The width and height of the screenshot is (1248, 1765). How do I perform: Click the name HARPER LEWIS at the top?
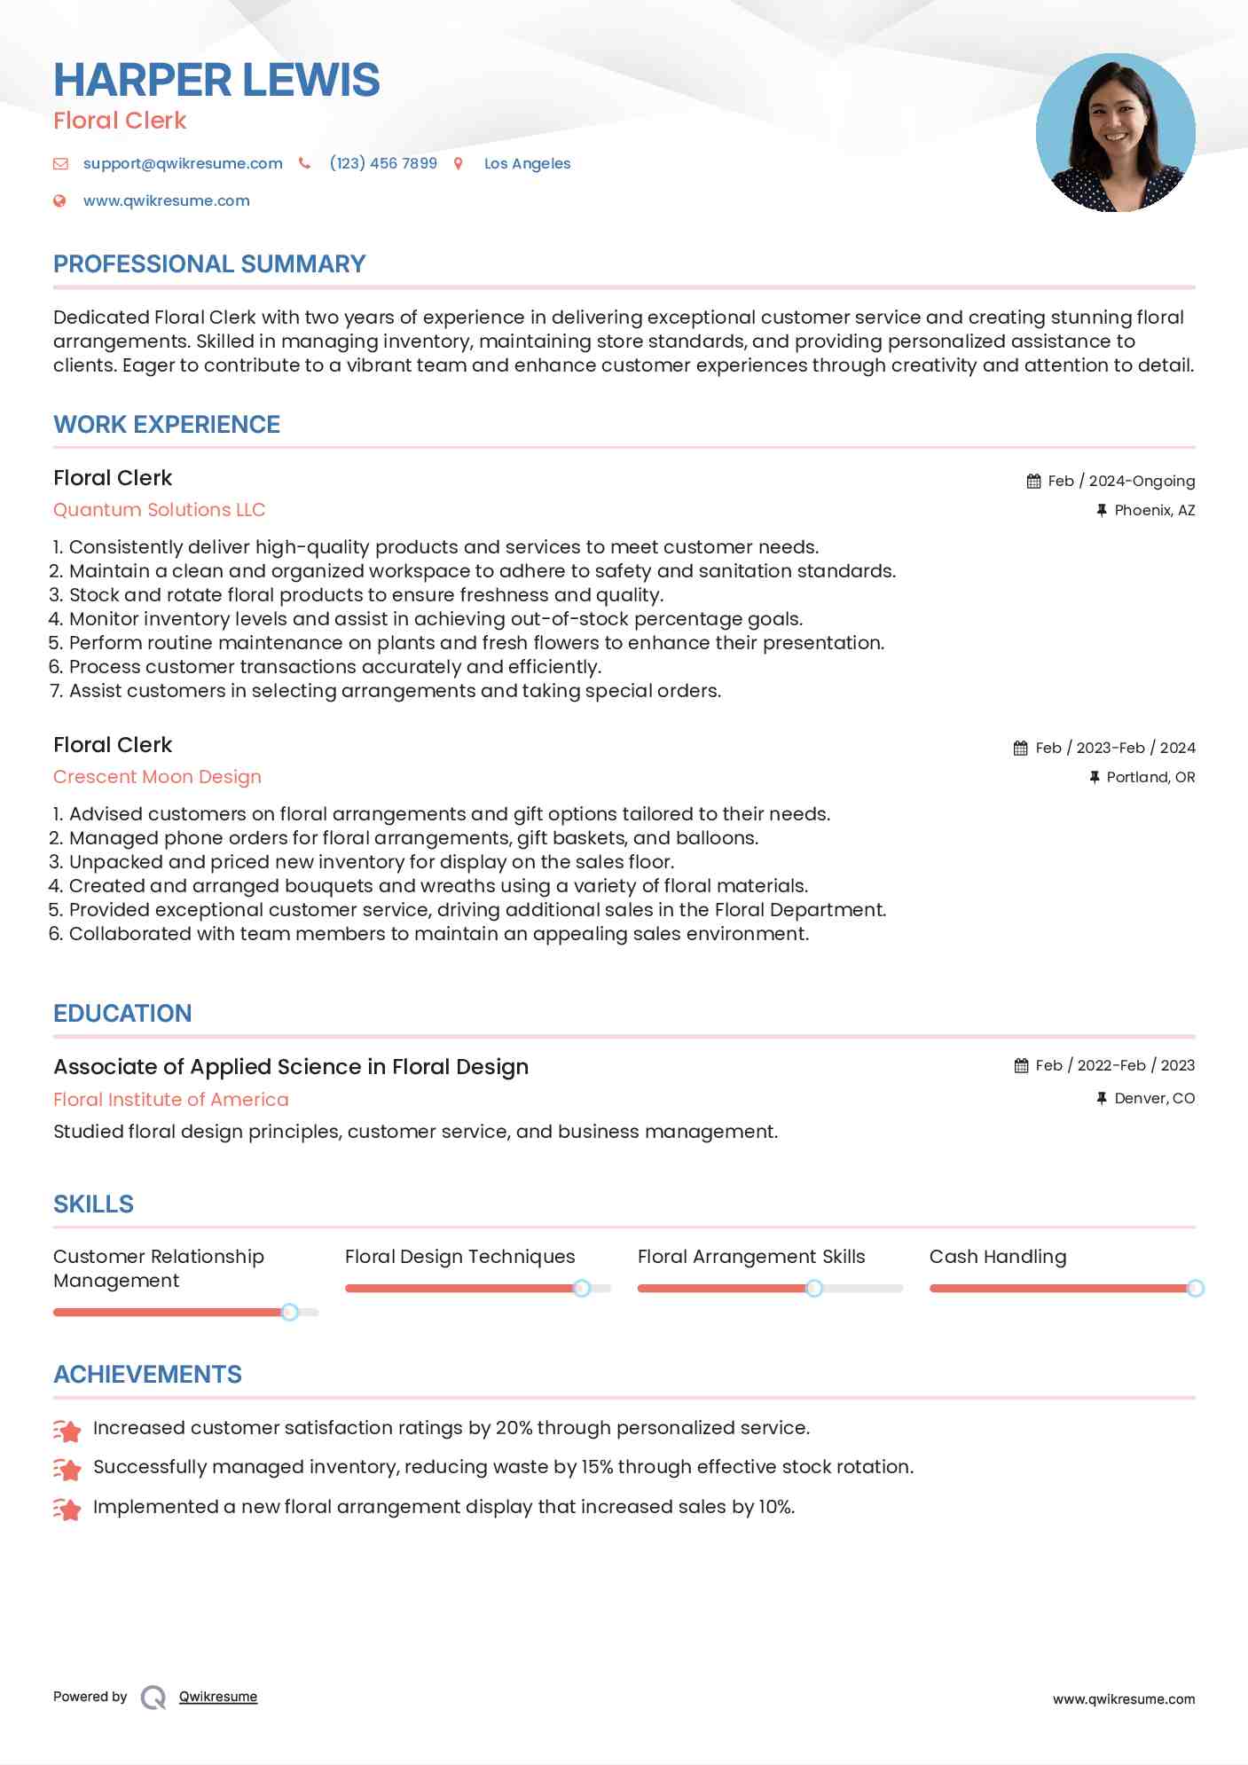click(216, 80)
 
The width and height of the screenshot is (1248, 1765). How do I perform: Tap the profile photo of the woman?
click(1115, 133)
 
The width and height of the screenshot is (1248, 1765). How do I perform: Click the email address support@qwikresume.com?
click(183, 163)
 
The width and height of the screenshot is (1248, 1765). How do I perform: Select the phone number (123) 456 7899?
click(383, 163)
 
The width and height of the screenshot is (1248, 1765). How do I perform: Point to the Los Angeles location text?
click(527, 163)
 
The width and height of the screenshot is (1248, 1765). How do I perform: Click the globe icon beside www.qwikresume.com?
click(59, 200)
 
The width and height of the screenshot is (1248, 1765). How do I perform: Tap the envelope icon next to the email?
click(60, 163)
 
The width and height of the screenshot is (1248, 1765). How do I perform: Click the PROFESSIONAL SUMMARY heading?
click(209, 264)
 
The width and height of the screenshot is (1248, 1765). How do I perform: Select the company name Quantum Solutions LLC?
click(159, 510)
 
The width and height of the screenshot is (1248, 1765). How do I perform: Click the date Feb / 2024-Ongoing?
click(1121, 481)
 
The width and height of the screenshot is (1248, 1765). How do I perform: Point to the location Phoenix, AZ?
click(1154, 510)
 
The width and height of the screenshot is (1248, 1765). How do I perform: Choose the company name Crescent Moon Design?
click(157, 777)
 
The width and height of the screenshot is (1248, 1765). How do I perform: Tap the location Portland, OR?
click(1150, 777)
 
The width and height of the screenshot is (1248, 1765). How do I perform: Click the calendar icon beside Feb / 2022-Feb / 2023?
click(1021, 1065)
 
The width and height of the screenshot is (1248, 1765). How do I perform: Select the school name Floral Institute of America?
click(170, 1100)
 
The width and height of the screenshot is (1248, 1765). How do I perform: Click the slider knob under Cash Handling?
click(1195, 1288)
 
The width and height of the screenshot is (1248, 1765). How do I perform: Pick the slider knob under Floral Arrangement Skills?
click(813, 1288)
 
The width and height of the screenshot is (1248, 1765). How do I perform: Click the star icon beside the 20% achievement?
click(67, 1430)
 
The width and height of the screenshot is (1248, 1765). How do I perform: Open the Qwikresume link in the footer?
click(218, 1697)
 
